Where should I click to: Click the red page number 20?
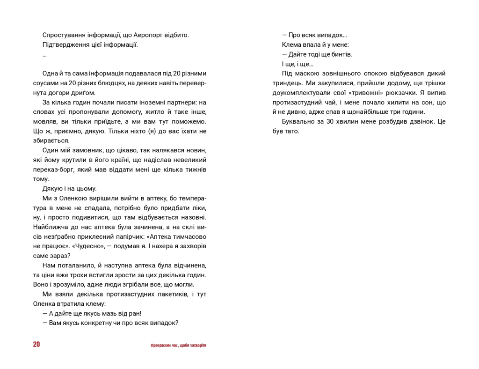click(36, 345)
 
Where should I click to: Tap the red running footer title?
click(179, 345)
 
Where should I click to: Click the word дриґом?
click(85, 93)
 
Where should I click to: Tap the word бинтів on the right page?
click(341, 54)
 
